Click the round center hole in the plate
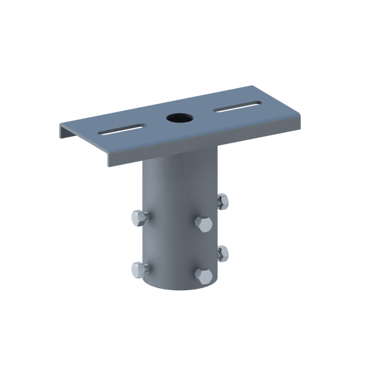[179, 117]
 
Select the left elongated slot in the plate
[122, 129]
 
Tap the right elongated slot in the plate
[237, 107]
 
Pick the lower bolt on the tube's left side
[139, 269]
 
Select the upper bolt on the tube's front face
[203, 224]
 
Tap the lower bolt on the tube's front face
[203, 277]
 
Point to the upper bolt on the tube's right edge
[222, 201]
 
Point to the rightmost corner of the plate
[300, 116]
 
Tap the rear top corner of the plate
[252, 87]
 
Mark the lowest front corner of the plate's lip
[108, 166]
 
